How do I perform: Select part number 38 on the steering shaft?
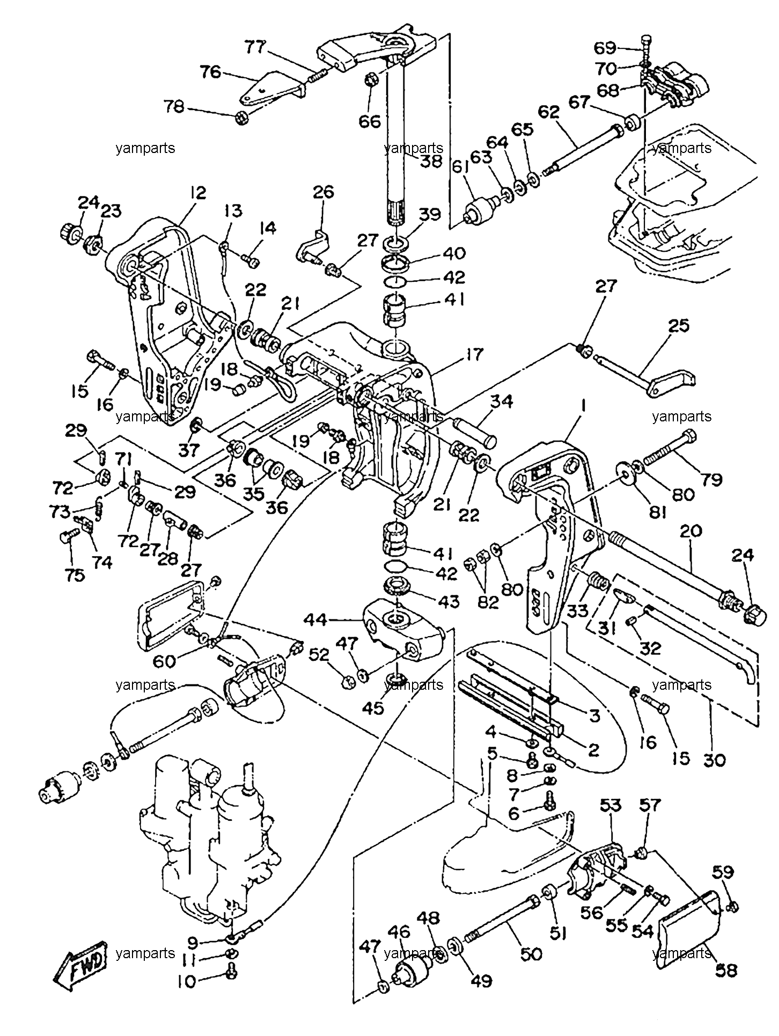click(431, 161)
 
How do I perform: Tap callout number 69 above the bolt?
click(607, 48)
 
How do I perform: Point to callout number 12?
click(197, 194)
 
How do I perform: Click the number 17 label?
click(475, 354)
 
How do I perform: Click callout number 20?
click(690, 532)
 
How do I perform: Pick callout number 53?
click(611, 806)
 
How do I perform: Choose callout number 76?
click(211, 71)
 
